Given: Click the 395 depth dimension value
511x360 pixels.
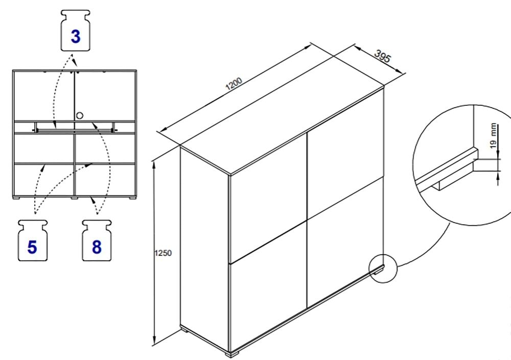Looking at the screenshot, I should click(382, 57).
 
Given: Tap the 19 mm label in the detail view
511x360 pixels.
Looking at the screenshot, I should click(493, 135).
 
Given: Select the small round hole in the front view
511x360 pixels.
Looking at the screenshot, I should click(79, 115).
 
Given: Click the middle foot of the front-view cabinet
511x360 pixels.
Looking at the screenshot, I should click(75, 197).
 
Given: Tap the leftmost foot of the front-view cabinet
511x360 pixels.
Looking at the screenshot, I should click(17, 197).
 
